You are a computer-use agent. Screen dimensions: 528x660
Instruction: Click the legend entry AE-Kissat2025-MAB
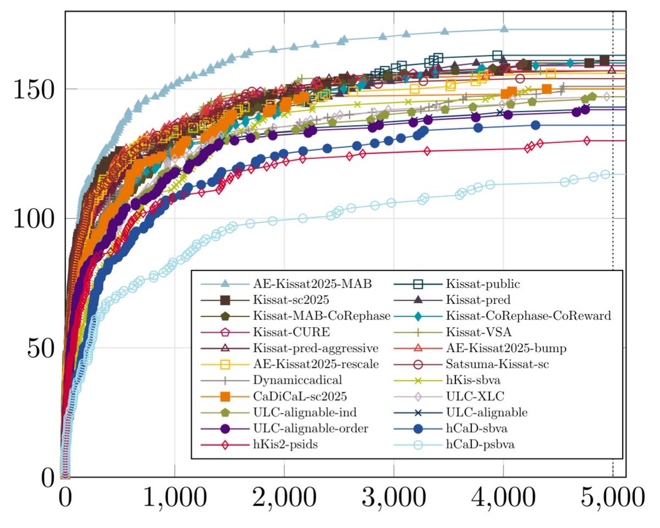[x=312, y=285]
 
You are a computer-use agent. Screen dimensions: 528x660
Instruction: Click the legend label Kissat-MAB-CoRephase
[x=322, y=317]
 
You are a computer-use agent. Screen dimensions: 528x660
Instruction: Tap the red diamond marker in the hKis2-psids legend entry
[x=224, y=444]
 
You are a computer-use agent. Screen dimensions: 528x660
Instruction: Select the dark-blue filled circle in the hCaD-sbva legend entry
[x=419, y=428]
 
